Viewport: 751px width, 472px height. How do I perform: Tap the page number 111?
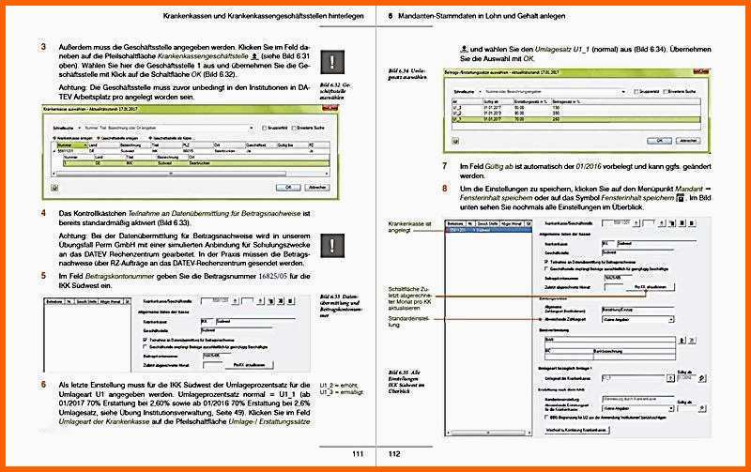pos(358,455)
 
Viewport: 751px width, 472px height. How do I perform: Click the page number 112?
pos(395,455)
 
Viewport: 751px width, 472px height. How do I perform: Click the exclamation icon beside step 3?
pos(333,62)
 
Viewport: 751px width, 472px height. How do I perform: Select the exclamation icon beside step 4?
pos(333,246)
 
